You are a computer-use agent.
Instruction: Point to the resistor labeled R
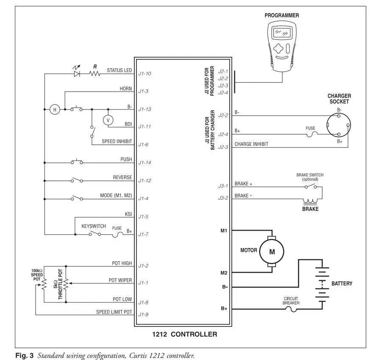[95, 74]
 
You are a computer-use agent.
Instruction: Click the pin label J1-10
[145, 74]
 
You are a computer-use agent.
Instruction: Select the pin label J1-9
[143, 315]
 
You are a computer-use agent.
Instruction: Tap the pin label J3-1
[223, 186]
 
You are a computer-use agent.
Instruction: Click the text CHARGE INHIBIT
[251, 144]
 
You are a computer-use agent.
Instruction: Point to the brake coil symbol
[310, 201]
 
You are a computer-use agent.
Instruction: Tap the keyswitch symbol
[95, 234]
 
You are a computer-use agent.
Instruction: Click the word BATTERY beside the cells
[342, 284]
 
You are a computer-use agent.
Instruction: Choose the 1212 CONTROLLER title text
[184, 334]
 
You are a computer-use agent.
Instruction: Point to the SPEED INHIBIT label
[117, 141]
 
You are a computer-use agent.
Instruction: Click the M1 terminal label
[224, 231]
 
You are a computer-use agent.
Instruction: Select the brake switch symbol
[311, 186]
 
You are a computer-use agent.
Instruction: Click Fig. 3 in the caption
[24, 355]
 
